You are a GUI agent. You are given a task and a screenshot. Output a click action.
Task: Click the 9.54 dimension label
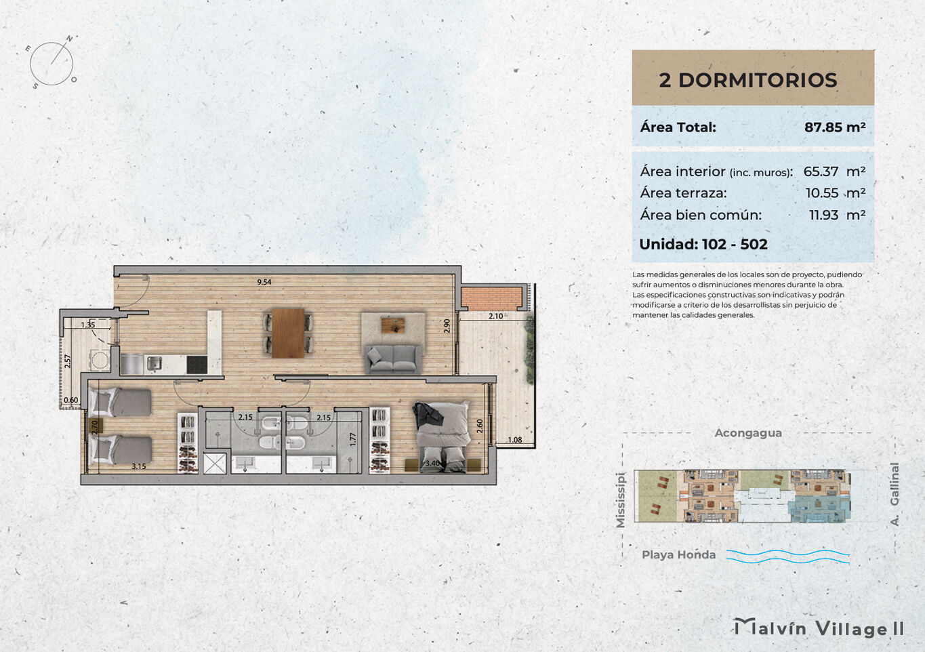(264, 282)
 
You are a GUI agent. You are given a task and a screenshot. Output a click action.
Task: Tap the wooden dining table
(288, 332)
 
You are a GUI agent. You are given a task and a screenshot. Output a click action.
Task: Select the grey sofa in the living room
(393, 359)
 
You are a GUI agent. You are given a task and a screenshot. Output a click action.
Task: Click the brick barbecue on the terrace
(491, 298)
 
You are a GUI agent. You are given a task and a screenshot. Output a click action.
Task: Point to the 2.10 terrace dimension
(495, 316)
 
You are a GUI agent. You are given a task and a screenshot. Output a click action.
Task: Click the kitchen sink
(154, 363)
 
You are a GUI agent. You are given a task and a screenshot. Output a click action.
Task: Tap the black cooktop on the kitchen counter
(197, 365)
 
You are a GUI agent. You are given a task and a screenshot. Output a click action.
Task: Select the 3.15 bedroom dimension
(139, 466)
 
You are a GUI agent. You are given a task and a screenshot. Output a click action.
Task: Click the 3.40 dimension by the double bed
(432, 463)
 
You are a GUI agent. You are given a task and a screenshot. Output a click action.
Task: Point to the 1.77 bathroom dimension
(352, 439)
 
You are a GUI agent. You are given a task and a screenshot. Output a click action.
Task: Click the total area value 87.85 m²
(835, 127)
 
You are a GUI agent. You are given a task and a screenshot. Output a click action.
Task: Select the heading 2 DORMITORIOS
(748, 80)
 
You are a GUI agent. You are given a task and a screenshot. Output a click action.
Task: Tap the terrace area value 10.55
(822, 193)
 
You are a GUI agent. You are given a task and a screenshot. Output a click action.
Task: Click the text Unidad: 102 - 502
(703, 244)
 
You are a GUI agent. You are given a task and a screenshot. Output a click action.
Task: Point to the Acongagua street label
(748, 433)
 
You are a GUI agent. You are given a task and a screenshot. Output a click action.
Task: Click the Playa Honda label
(678, 554)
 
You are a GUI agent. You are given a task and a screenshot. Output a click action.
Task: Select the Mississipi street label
(620, 500)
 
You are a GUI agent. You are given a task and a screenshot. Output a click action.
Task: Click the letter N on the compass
(69, 39)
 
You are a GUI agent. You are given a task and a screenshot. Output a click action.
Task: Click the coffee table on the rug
(393, 325)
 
